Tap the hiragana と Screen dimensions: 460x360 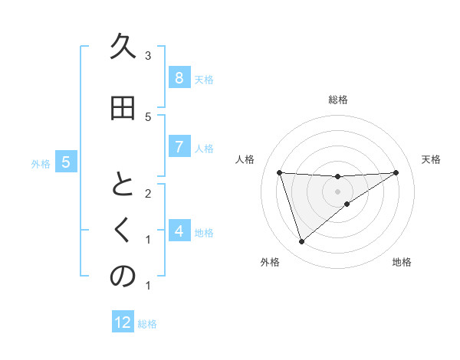[x=122, y=186]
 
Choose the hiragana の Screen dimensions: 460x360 [x=122, y=277]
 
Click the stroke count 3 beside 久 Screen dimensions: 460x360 [x=148, y=56]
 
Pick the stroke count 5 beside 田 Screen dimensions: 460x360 [x=148, y=116]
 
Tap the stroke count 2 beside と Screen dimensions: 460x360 [x=148, y=193]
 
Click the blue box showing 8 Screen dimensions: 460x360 [x=179, y=78]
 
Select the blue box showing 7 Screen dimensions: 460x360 [x=179, y=147]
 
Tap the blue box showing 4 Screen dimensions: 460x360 [x=179, y=231]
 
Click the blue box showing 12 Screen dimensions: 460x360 [x=123, y=322]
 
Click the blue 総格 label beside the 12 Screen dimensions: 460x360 [x=147, y=324]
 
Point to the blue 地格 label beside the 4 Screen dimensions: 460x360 [x=204, y=232]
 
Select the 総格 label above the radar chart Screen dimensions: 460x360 [x=337, y=100]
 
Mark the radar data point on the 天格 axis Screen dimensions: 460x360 [x=396, y=172]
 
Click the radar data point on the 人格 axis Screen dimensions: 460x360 [x=279, y=172]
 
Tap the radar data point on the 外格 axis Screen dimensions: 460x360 [x=301, y=242]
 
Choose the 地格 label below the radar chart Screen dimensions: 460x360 [x=402, y=263]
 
